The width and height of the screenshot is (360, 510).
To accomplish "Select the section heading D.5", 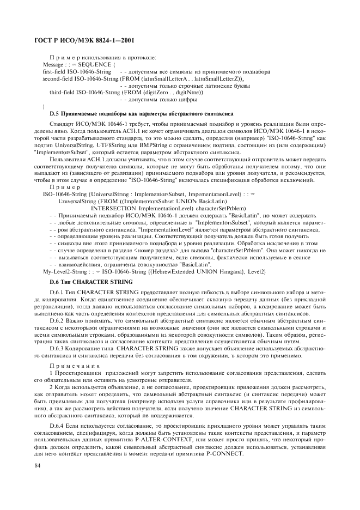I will click(55, 114).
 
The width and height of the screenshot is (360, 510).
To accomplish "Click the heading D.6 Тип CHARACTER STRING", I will click(90, 281).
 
